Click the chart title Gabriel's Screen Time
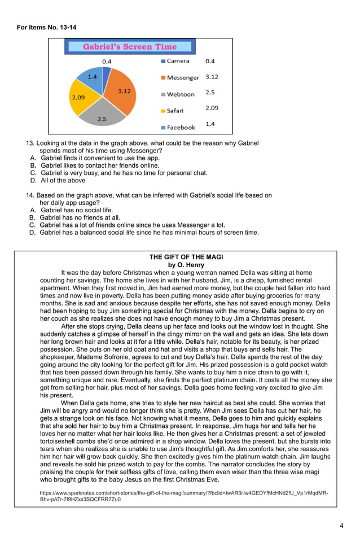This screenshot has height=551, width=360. (130, 47)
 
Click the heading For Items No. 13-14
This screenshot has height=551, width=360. (46, 27)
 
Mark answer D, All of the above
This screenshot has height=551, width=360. (63, 181)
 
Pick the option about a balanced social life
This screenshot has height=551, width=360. (149, 232)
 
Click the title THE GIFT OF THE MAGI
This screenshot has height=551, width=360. (186, 257)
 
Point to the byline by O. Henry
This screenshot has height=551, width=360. (186, 265)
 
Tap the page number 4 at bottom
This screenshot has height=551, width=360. (341, 526)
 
